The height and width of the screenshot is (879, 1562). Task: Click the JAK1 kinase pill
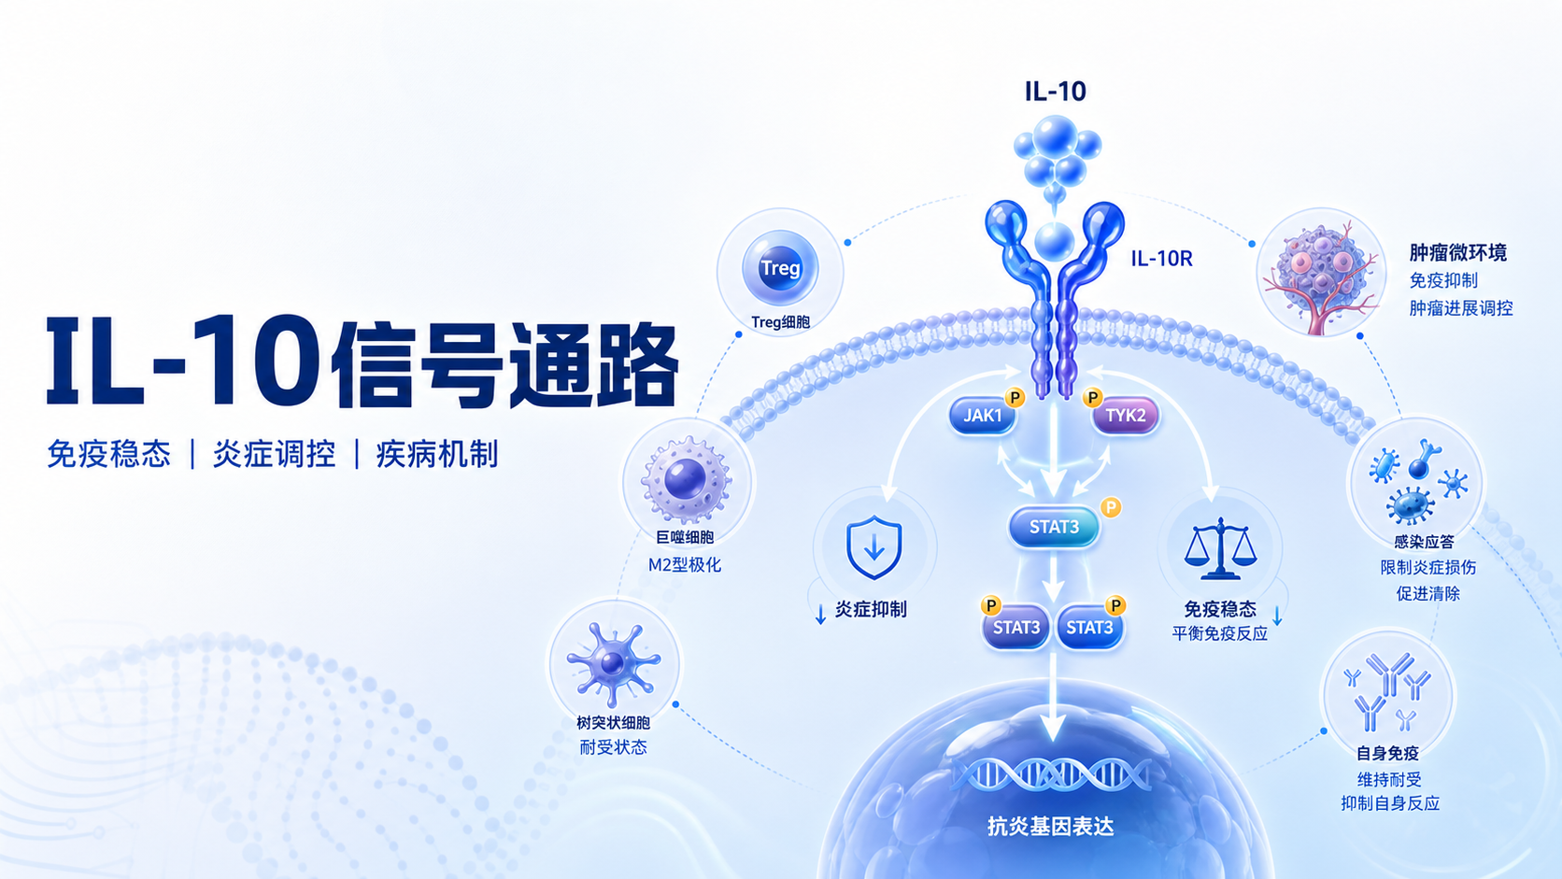pyautogui.click(x=982, y=417)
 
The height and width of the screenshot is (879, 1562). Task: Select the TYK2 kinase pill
pyautogui.click(x=1125, y=417)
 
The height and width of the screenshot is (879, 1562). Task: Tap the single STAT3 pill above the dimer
pyautogui.click(x=1054, y=527)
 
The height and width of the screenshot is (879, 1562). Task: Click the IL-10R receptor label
pyautogui.click(x=1161, y=259)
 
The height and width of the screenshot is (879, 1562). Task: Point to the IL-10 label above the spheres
pyautogui.click(x=1055, y=92)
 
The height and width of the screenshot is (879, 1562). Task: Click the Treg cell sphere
pyautogui.click(x=780, y=268)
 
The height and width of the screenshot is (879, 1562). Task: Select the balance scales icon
pyautogui.click(x=1220, y=548)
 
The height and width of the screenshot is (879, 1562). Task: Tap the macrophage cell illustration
pyautogui.click(x=686, y=479)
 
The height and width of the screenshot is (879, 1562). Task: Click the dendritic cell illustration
pyautogui.click(x=613, y=663)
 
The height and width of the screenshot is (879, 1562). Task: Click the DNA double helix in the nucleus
pyautogui.click(x=1053, y=774)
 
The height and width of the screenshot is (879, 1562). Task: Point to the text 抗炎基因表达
pyautogui.click(x=1051, y=827)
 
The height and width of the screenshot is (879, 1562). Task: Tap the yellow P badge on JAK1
pyautogui.click(x=1015, y=398)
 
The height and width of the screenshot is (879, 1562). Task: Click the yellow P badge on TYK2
pyautogui.click(x=1092, y=398)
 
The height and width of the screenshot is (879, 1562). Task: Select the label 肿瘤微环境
pyautogui.click(x=1458, y=252)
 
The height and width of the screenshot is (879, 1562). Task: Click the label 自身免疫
pyautogui.click(x=1387, y=753)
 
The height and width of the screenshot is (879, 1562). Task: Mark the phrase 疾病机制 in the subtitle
pyautogui.click(x=437, y=455)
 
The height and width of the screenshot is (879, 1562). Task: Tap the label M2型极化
pyautogui.click(x=685, y=564)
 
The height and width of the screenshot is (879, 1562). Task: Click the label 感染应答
pyautogui.click(x=1424, y=542)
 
